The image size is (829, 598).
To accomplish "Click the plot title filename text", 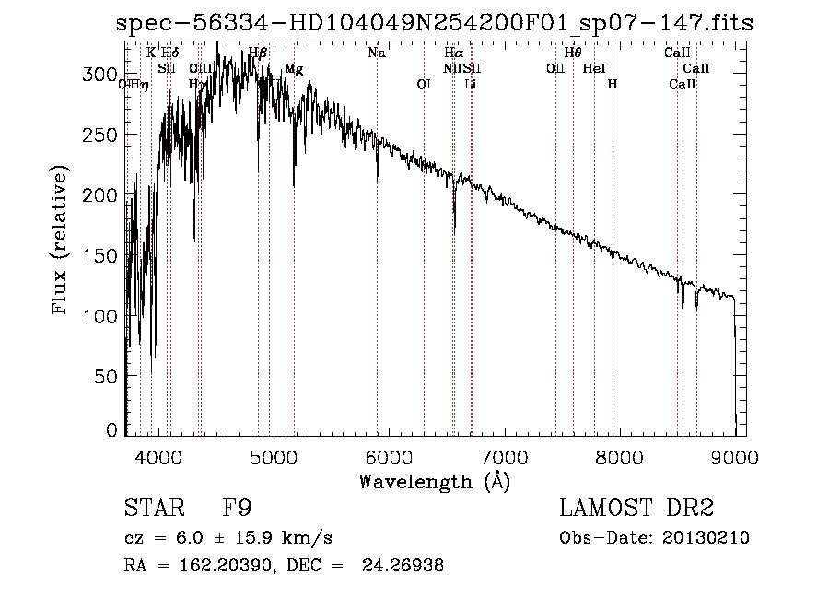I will point(435,23).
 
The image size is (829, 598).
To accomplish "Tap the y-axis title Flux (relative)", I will point(62,241).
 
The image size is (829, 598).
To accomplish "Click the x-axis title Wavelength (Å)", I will point(434,481).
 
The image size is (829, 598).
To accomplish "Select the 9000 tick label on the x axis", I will point(734,455).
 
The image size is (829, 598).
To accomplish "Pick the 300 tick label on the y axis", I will point(102,73).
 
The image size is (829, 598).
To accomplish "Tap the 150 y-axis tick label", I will point(102,255).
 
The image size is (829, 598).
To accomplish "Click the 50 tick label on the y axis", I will point(109,376).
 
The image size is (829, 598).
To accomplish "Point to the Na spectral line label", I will point(376,53).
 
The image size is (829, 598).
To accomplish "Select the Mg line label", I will point(293,69).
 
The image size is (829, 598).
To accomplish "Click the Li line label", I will point(471,84).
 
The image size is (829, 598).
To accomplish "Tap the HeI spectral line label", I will point(594,69).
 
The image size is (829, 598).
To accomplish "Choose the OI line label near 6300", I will point(424,84).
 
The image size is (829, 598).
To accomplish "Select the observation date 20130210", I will point(704,538).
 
